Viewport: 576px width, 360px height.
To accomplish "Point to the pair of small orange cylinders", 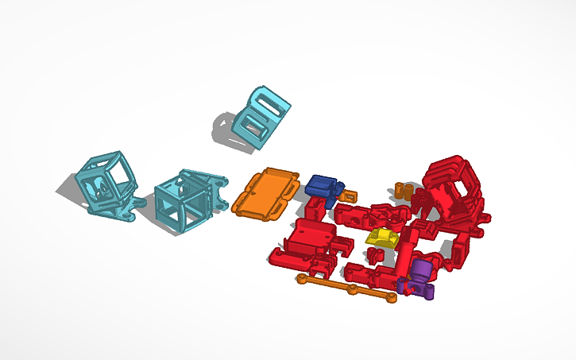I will pos(402,191).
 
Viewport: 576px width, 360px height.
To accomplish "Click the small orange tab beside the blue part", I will pos(348,195).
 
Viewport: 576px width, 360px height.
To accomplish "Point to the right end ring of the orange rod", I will pos(390,297).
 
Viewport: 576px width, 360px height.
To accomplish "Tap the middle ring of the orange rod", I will pos(351,289).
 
